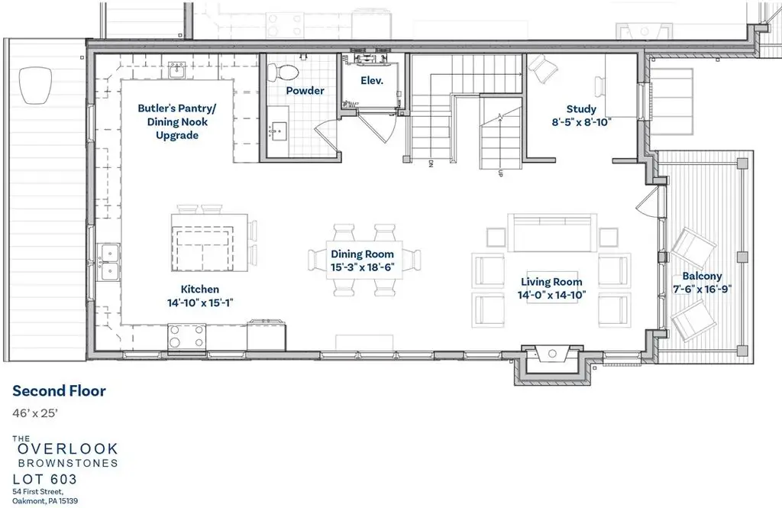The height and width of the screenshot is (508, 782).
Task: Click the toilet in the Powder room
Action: pyautogui.click(x=283, y=73)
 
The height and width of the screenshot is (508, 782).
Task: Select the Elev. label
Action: pyautogui.click(x=372, y=80)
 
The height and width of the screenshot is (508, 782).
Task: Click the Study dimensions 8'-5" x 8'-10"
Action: pyautogui.click(x=581, y=121)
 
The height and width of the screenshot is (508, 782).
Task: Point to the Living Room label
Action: pyautogui.click(x=551, y=282)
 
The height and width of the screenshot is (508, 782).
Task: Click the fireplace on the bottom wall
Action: pyautogui.click(x=552, y=353)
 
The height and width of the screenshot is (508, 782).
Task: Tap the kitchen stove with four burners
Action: pyautogui.click(x=187, y=336)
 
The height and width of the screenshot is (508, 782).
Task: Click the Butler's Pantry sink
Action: pyautogui.click(x=177, y=71)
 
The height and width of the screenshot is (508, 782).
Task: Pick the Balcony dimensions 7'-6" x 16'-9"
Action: pyautogui.click(x=703, y=289)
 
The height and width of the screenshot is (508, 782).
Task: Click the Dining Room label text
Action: pyautogui.click(x=363, y=254)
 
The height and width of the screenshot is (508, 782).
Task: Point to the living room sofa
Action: pyautogui.click(x=552, y=233)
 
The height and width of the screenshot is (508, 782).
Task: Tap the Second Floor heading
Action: pyautogui.click(x=60, y=390)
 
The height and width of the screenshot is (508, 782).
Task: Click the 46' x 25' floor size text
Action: pyautogui.click(x=35, y=413)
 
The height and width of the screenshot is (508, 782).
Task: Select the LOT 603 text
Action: pyautogui.click(x=45, y=480)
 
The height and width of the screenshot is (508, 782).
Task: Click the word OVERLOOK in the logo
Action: pyautogui.click(x=68, y=448)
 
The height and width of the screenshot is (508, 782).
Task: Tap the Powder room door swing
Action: pyautogui.click(x=327, y=134)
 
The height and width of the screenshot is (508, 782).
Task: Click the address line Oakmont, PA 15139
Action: pyautogui.click(x=45, y=500)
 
